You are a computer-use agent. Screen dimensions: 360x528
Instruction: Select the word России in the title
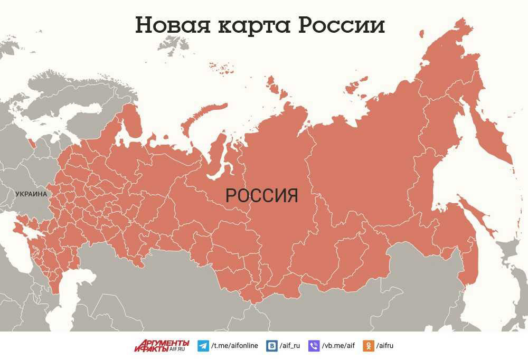click(x=342, y=25)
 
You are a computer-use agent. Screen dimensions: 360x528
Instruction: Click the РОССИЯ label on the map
click(x=262, y=196)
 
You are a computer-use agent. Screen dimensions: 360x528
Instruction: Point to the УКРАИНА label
click(x=31, y=194)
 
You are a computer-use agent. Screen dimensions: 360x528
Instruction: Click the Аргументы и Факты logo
click(x=161, y=346)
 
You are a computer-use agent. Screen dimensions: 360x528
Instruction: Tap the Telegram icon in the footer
click(x=203, y=346)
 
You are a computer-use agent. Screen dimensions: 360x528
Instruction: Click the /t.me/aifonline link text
click(x=234, y=346)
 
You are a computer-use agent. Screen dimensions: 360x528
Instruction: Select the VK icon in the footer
click(x=271, y=346)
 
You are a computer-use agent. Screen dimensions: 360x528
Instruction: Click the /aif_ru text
click(x=289, y=346)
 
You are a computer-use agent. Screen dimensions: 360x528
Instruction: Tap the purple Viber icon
click(x=314, y=346)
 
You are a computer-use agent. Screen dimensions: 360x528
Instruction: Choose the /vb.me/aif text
click(x=338, y=346)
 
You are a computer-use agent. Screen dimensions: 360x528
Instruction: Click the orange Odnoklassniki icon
click(x=368, y=346)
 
